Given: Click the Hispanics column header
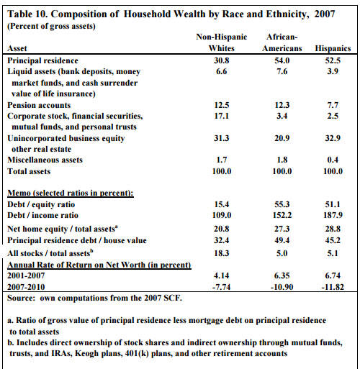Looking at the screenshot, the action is (333, 48).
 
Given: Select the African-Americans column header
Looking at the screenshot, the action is (282, 42).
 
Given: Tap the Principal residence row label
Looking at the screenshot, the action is (42, 60).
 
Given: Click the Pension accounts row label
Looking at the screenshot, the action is (39, 105).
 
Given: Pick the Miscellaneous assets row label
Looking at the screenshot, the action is (45, 160).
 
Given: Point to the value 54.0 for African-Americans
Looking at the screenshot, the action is (282, 60).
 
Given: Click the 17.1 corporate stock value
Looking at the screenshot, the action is (222, 116).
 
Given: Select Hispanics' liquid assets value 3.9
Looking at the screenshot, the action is (333, 71).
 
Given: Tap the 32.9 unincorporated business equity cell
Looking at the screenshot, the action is (333, 138).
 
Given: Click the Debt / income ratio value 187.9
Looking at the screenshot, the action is (333, 215).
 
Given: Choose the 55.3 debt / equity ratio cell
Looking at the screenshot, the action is (282, 204).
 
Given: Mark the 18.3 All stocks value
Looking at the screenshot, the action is (222, 253).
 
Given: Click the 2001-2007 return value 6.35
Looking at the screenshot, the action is (282, 275).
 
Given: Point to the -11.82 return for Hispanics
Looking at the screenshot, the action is (333, 287).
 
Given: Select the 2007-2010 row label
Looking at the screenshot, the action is (26, 287).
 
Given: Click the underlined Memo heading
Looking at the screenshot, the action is (71, 193).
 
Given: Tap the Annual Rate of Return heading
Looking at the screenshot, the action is (99, 265).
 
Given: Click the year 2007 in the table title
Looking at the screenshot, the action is (325, 14).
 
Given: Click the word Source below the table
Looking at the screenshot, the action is (21, 298).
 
